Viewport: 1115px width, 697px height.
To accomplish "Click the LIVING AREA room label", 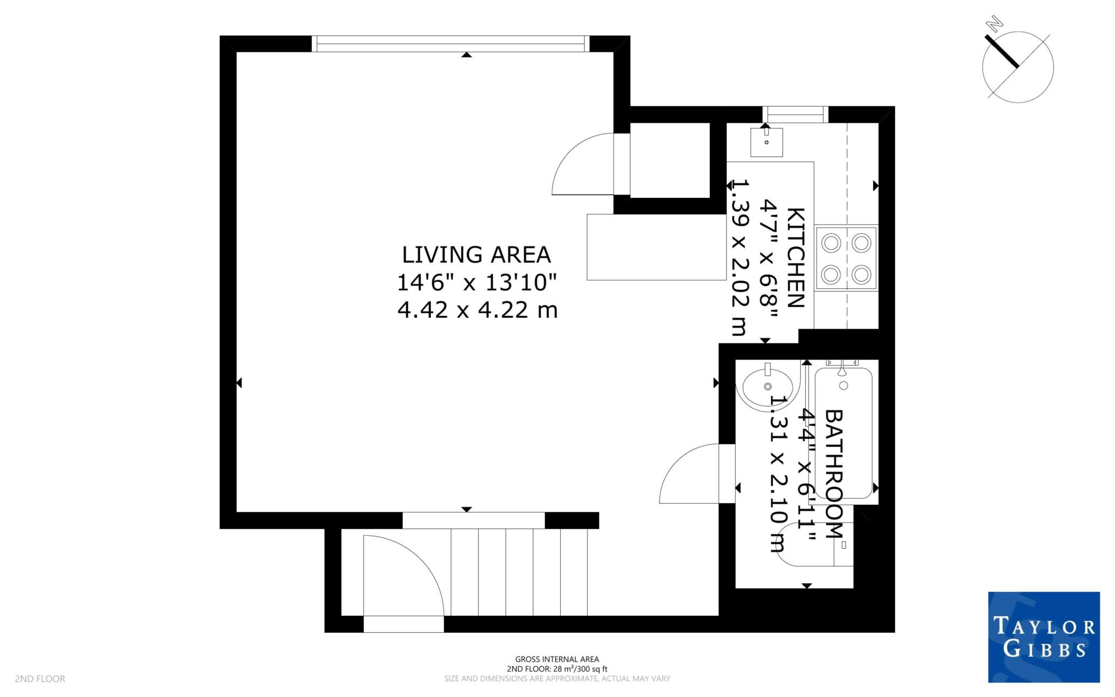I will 476,255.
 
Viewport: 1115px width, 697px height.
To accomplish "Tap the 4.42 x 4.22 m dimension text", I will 477,310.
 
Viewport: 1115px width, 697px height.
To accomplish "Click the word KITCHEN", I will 796,257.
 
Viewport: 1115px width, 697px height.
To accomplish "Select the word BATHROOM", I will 834,474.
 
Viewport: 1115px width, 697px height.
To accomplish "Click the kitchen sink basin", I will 766,142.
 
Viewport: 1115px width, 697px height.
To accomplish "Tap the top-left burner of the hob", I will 831,243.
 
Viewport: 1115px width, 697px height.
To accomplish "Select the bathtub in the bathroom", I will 843,433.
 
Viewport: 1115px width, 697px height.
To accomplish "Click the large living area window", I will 451,44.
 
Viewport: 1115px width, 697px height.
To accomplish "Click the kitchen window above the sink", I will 794,114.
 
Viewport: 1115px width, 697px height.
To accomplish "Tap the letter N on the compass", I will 996,38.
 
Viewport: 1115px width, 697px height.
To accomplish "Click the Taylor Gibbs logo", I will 1043,636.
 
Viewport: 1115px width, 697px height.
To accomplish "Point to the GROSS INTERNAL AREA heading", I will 557,659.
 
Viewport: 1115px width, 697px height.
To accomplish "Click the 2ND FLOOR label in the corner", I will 40,678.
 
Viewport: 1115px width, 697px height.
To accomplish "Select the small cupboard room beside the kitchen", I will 670,160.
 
